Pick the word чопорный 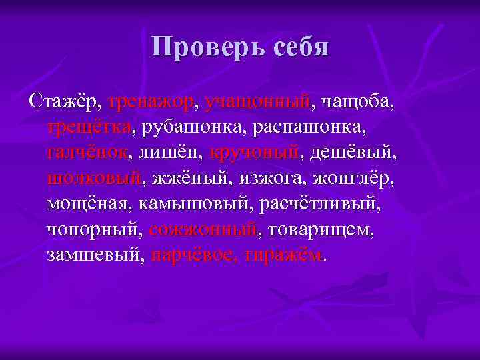(94, 229)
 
